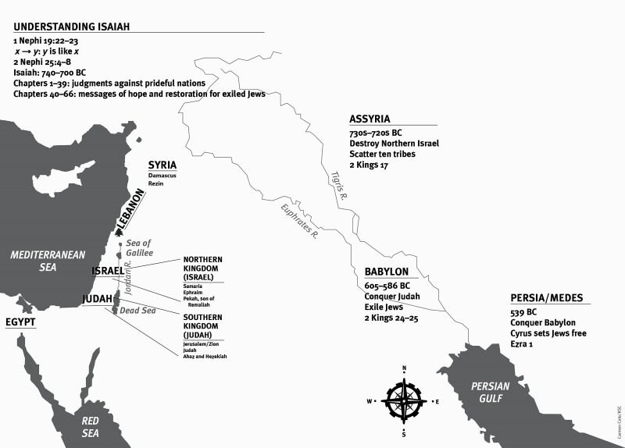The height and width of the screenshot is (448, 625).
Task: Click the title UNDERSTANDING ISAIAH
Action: pyautogui.click(x=71, y=26)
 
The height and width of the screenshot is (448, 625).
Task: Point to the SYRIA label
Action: pyautogui.click(x=162, y=165)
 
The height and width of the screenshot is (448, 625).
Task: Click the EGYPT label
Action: pyautogui.click(x=21, y=322)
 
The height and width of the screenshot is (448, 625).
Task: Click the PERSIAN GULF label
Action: pyautogui.click(x=490, y=393)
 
